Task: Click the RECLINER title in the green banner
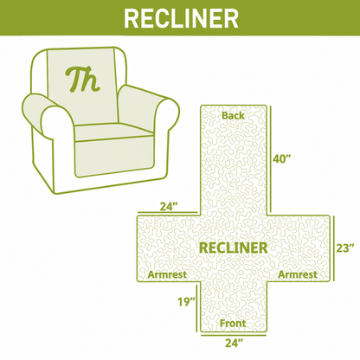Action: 181,18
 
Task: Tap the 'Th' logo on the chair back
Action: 82,80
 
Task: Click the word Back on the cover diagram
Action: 233,116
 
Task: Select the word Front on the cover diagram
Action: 233,324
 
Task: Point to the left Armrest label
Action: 167,274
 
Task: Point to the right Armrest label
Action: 298,274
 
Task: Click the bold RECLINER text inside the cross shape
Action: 233,248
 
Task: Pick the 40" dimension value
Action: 282,159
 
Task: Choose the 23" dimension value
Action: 345,248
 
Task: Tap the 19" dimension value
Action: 187,302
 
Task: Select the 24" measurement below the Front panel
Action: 234,344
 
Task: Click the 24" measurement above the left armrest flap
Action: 169,207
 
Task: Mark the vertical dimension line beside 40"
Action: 271,159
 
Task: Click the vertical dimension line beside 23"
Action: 334,248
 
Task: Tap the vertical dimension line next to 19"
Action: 197,307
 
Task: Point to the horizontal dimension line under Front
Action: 234,335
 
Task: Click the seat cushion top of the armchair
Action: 114,132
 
